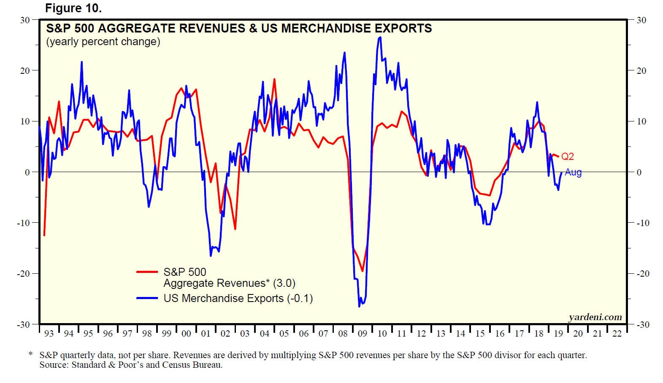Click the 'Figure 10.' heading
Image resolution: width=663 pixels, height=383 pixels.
point(73,8)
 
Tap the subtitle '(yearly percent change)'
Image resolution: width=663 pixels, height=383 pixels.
point(103,42)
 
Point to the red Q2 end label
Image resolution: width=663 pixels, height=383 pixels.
point(567,156)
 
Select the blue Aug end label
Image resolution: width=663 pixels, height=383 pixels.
point(573,172)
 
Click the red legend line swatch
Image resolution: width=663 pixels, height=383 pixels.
point(147,272)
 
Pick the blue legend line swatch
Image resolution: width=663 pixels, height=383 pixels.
point(147,298)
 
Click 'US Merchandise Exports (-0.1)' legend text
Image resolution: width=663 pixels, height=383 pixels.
point(238,298)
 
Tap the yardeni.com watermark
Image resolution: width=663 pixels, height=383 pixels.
point(595,317)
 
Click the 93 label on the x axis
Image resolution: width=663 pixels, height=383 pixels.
point(49,334)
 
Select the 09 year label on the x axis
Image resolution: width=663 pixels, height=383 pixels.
point(363,334)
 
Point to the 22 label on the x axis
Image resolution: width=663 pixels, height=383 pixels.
point(617,334)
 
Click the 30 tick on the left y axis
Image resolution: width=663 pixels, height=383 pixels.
point(25,20)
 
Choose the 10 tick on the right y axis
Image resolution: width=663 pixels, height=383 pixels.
point(641,121)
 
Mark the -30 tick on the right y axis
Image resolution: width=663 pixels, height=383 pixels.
point(643,325)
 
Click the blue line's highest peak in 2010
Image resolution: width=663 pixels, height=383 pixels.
point(380,38)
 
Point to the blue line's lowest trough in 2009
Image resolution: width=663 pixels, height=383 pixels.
point(360,306)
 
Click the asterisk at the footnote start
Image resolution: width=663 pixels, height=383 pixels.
point(30,354)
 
